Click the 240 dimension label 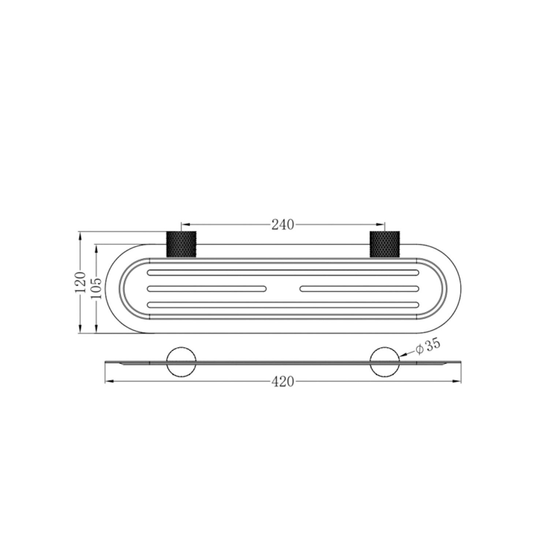pos(283,225)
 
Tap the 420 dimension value pos(283,382)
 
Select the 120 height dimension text pos(80,282)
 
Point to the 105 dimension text pos(96,288)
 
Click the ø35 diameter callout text pos(427,347)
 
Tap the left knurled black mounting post pos(182,244)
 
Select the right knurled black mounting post pos(385,244)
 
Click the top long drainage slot pos(283,272)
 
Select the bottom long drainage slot pos(283,305)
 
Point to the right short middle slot pos(359,288)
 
